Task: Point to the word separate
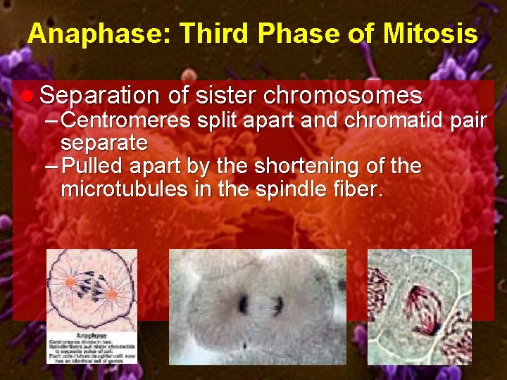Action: pyautogui.click(x=104, y=144)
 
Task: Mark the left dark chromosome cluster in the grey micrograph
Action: pyautogui.click(x=244, y=304)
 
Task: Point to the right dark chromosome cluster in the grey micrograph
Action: pyautogui.click(x=279, y=305)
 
